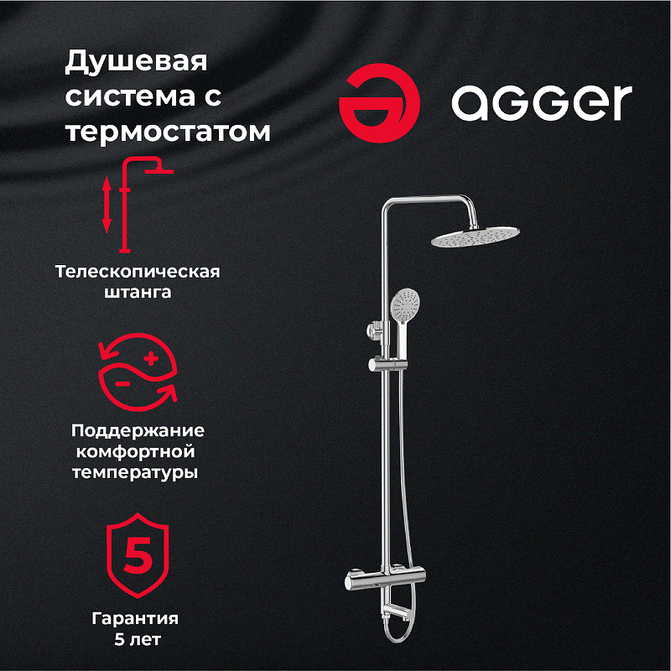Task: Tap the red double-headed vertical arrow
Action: [x=107, y=204]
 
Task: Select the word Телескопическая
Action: [x=138, y=272]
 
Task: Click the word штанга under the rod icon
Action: [x=138, y=294]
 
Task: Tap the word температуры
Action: [x=138, y=472]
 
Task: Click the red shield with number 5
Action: [x=138, y=554]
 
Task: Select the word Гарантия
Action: [x=137, y=619]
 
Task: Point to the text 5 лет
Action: [x=137, y=640]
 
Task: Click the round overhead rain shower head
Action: [x=476, y=237]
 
